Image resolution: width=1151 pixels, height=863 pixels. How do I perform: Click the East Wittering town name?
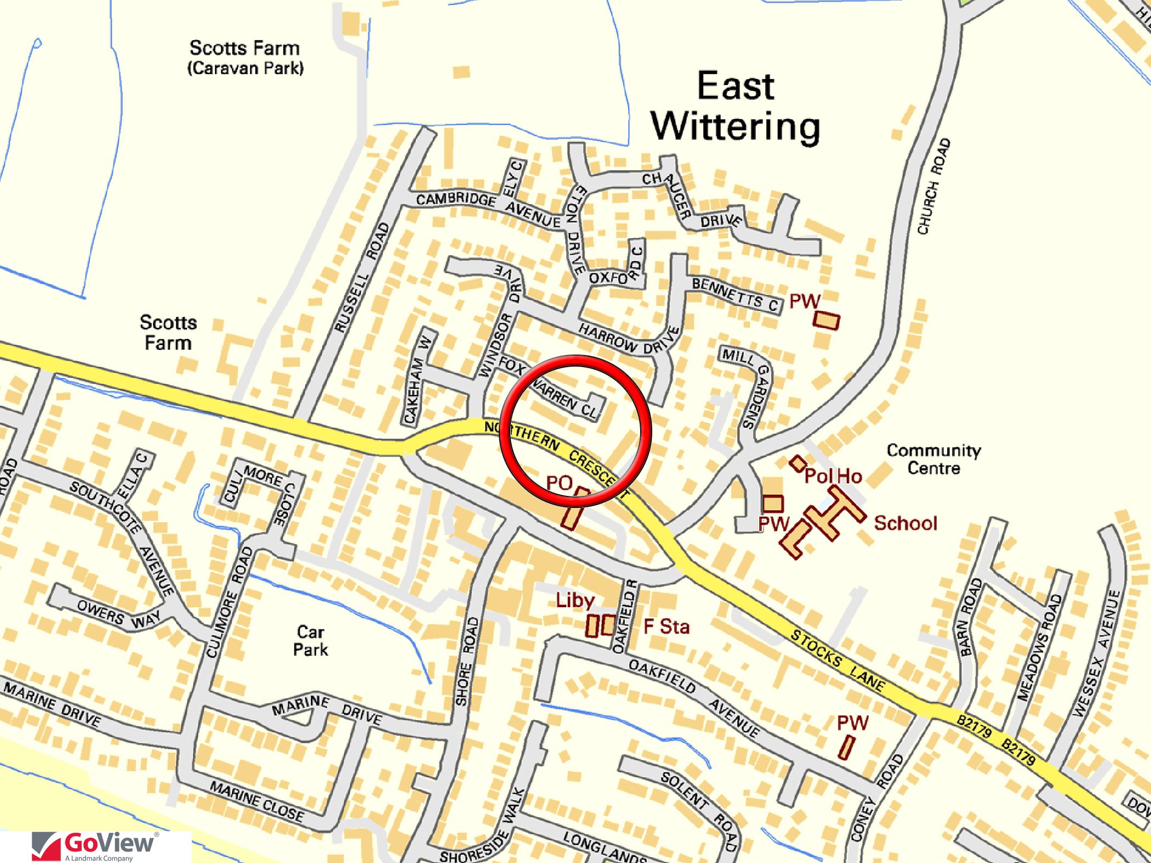[x=736, y=107]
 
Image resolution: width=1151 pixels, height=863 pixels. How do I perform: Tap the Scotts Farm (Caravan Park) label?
[x=245, y=58]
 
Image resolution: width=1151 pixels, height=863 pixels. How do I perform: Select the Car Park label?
[x=310, y=641]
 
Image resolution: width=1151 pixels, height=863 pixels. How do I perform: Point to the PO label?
[x=559, y=483]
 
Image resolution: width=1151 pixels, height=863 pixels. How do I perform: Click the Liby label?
[x=574, y=601]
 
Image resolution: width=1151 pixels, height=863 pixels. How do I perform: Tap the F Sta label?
[x=666, y=626]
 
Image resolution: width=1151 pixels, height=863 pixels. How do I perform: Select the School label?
[x=905, y=523]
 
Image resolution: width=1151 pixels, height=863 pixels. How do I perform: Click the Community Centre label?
[x=934, y=459]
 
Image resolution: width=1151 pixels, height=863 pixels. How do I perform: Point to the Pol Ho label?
[x=833, y=476]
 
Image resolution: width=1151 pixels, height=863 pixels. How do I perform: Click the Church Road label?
[x=934, y=186]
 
